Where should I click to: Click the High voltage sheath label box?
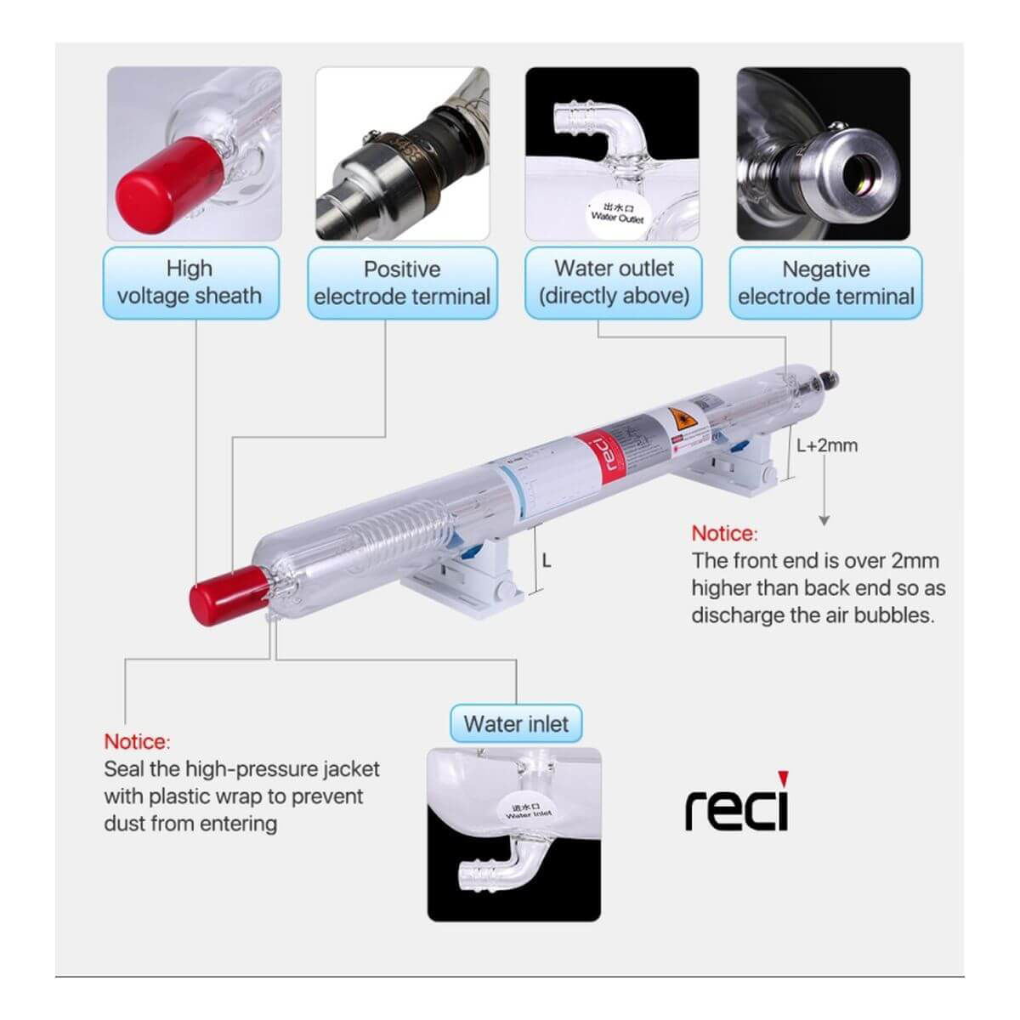(190, 283)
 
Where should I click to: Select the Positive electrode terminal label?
(402, 283)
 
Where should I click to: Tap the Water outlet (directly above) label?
(614, 283)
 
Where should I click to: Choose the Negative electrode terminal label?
(825, 283)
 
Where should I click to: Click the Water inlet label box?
(516, 724)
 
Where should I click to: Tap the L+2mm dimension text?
(827, 445)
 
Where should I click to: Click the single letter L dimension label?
(547, 561)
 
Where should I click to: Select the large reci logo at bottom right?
(737, 804)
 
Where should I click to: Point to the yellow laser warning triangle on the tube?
(677, 418)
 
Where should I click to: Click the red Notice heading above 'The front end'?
(723, 534)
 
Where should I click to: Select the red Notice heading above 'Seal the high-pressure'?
(137, 742)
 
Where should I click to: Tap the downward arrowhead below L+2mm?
(823, 520)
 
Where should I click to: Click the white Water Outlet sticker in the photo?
(617, 212)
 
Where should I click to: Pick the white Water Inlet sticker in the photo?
(529, 812)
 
